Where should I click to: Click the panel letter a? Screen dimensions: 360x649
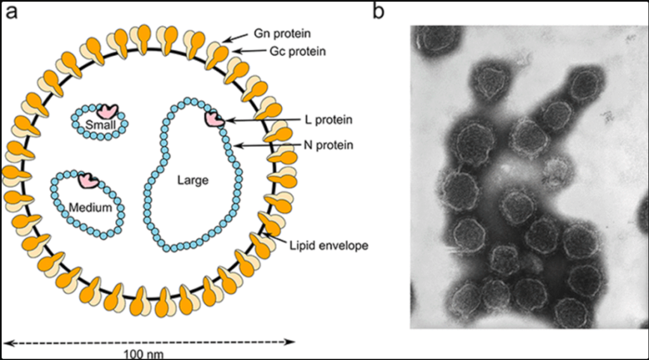pos(11,11)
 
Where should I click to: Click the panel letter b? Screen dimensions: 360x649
pos(379,11)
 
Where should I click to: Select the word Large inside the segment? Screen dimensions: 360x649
pos(193,181)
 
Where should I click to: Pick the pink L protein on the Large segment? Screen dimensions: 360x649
pos(214,119)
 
